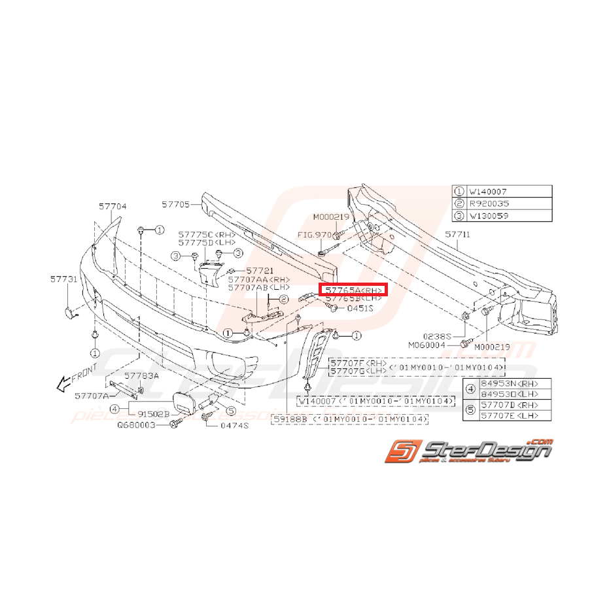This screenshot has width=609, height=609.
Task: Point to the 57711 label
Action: (457, 234)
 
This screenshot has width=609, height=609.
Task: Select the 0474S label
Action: (234, 425)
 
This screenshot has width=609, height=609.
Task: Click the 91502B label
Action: (153, 413)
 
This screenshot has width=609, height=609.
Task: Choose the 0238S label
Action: (442, 334)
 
